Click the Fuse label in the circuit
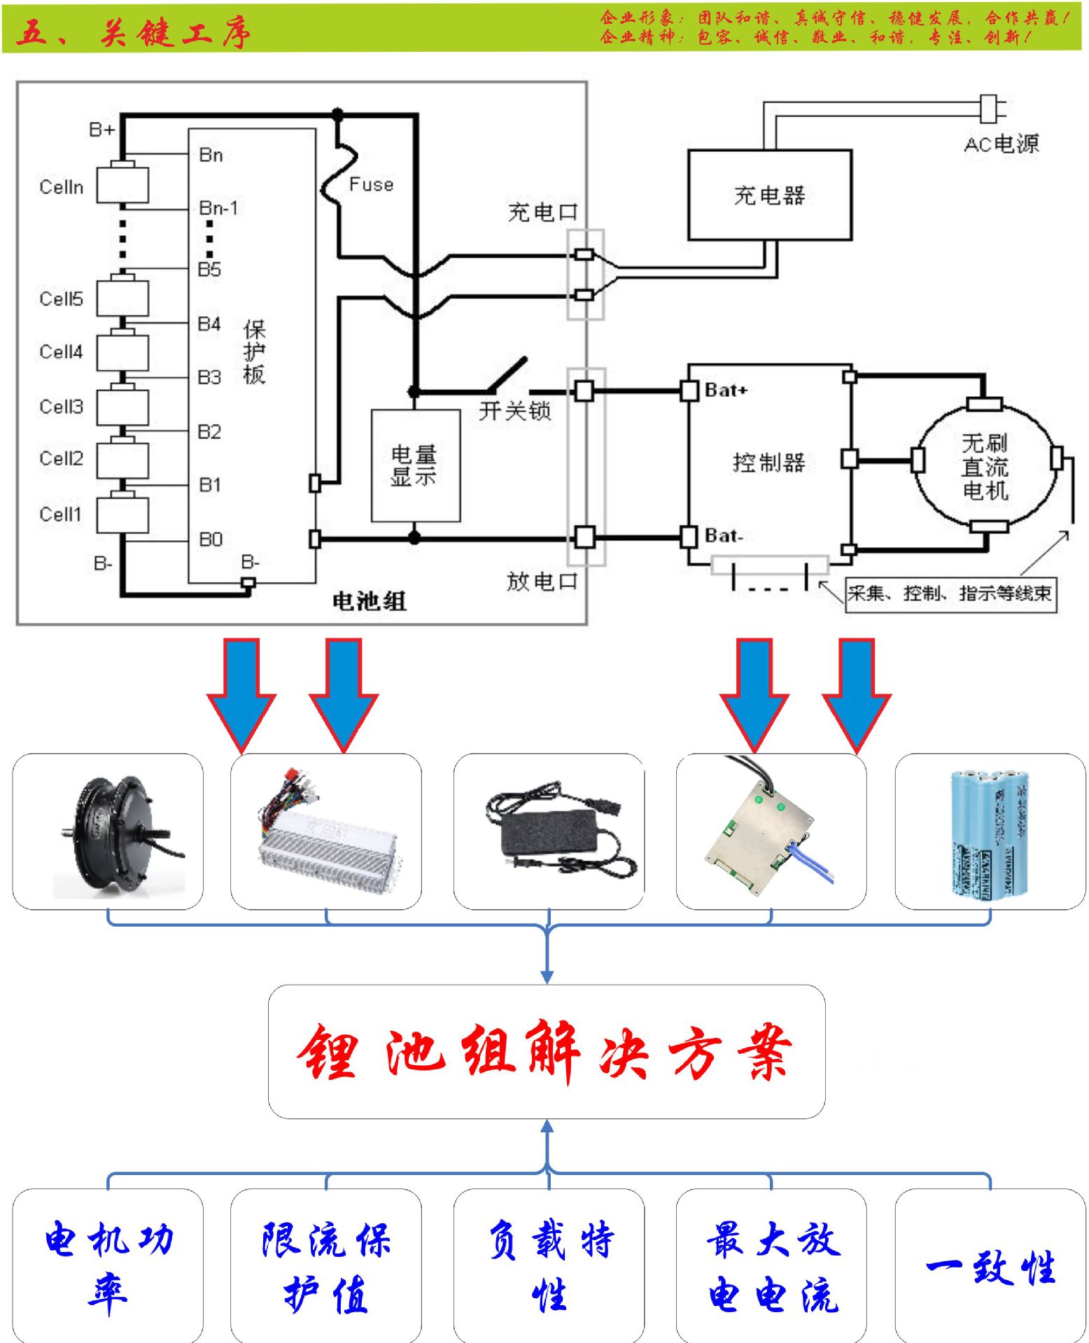(371, 184)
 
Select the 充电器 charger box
(769, 195)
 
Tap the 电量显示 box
(415, 465)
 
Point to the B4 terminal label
(209, 323)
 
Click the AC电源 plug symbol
(991, 108)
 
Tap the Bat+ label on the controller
(726, 390)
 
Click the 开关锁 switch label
(515, 411)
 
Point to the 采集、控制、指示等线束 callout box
(950, 594)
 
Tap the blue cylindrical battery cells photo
(990, 833)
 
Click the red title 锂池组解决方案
(546, 1051)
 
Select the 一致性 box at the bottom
(990, 1267)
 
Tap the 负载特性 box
(549, 1267)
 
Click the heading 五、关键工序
(133, 32)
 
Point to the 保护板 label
(254, 352)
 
